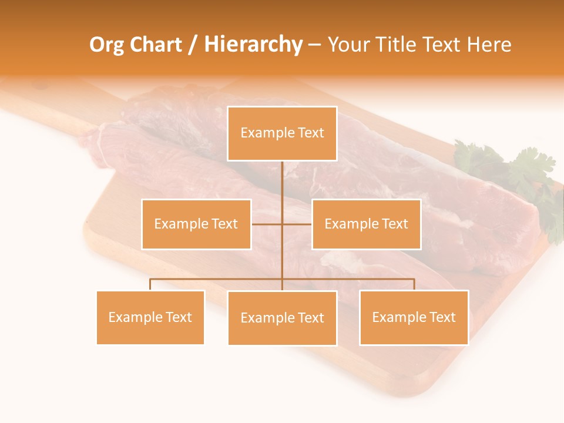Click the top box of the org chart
coord(282,133)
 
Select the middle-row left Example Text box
coord(196,224)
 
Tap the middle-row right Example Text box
coord(366,224)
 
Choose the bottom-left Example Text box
coord(150,317)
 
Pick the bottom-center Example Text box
coord(282,318)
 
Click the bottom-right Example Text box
coord(414,317)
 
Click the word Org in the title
coord(106,45)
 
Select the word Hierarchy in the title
coord(253,45)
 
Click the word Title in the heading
coord(395,45)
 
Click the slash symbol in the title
coord(193,45)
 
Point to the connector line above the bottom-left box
coord(150,284)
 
